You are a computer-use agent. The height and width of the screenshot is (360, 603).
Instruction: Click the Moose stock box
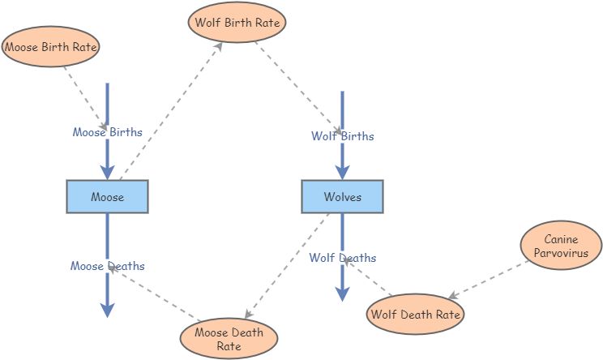click(107, 197)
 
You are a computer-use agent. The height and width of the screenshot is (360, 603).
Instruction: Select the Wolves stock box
click(342, 197)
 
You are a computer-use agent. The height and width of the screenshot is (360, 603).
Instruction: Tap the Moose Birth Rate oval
click(51, 48)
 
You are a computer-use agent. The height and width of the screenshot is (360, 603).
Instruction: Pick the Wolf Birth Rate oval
click(237, 23)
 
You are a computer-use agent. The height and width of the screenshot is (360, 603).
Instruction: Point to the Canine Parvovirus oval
click(561, 246)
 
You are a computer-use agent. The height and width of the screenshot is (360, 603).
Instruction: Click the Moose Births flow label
click(107, 132)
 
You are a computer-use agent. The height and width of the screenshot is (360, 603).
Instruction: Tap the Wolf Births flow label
click(342, 136)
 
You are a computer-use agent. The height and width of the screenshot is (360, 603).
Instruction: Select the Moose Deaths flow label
click(107, 266)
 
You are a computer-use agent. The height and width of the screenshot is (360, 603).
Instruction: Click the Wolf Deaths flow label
click(342, 258)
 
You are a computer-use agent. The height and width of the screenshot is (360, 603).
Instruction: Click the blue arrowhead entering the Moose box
click(107, 171)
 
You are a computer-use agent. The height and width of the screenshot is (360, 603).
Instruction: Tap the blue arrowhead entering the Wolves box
click(342, 171)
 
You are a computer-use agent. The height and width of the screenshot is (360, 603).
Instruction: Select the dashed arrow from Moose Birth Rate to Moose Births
click(84, 98)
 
